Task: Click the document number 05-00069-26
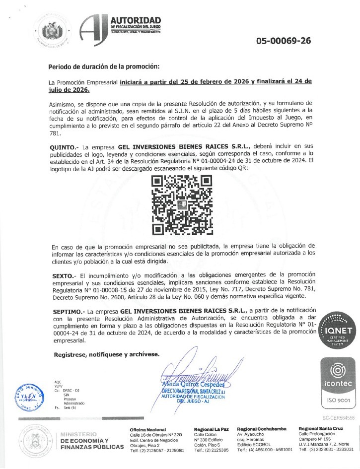284,41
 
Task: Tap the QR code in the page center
182,204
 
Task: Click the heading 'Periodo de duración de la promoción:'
104,67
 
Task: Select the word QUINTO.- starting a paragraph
63,147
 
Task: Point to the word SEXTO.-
62,274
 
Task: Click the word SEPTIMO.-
65,310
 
